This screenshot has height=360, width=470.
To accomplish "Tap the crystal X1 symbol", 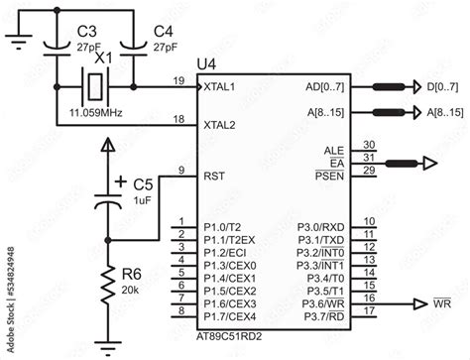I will tap(94, 87).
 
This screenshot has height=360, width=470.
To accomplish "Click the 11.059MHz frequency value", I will tap(97, 113).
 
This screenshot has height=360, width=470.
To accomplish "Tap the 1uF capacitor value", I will tap(141, 201).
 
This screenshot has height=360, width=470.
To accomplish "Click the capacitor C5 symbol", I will tap(108, 198).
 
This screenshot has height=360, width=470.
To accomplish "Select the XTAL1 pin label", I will tap(220, 87).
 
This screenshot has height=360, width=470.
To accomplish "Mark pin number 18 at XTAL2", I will tap(178, 119).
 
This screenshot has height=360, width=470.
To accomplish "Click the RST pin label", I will tap(213, 176).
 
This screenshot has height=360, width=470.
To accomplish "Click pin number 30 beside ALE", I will tap(369, 145).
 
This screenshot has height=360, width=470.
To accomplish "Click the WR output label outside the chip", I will tap(442, 304).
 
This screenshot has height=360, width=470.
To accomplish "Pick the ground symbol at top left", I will tap(16, 40).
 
